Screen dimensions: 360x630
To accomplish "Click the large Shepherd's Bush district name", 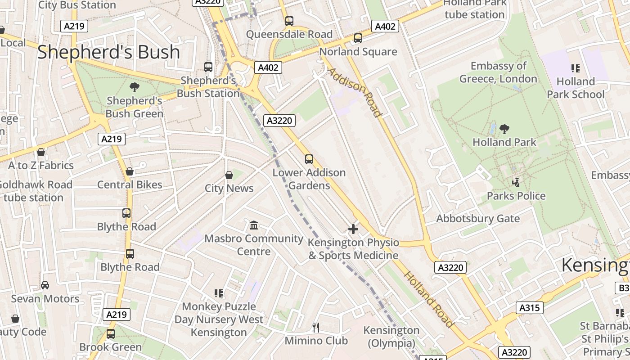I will [x=108, y=52].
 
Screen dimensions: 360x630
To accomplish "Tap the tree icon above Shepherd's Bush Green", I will [x=134, y=87].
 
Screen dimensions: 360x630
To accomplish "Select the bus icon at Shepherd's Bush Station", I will [x=208, y=67].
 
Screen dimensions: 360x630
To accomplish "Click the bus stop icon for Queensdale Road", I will [x=289, y=21].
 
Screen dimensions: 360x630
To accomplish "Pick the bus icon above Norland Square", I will [x=358, y=38].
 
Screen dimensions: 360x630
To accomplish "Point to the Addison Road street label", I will [x=355, y=92].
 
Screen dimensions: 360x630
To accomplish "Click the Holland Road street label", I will [x=428, y=299].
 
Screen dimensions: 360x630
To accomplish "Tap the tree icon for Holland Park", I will [x=504, y=129].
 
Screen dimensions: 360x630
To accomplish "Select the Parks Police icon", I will [x=516, y=183].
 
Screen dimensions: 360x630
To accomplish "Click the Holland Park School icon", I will [x=576, y=68].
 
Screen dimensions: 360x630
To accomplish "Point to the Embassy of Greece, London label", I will [x=498, y=72].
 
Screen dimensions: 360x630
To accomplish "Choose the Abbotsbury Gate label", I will [x=478, y=219].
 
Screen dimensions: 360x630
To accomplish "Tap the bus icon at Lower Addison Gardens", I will [x=309, y=159].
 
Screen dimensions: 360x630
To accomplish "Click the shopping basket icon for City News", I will [x=229, y=175].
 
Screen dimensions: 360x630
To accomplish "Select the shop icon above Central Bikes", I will [x=130, y=171].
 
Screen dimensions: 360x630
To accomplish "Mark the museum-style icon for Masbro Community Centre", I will [x=254, y=225].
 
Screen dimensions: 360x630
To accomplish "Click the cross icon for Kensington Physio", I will [x=353, y=229].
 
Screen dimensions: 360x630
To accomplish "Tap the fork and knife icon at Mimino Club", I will [x=316, y=327].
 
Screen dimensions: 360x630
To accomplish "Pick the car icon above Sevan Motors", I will [x=45, y=285].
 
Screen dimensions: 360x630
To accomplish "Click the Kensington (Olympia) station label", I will [x=391, y=337].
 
